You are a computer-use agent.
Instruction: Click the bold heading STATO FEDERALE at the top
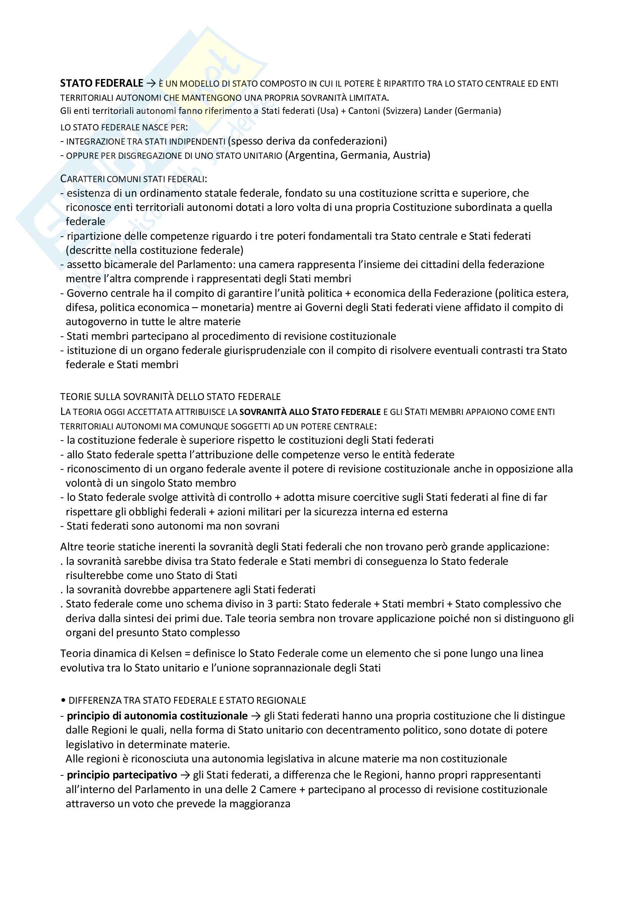pos(102,83)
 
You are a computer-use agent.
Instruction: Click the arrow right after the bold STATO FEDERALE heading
pos(150,83)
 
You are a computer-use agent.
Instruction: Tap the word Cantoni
pos(364,111)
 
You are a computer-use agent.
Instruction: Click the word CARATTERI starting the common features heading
pos(82,179)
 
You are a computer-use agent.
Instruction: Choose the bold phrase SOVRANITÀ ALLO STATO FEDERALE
pos(310,412)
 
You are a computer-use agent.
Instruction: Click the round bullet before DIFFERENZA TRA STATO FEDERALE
pos(63,701)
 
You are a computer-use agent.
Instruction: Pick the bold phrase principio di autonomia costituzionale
pos(157,716)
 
